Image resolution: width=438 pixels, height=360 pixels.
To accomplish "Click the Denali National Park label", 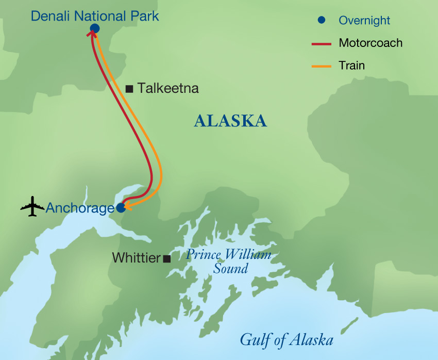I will point(95,15).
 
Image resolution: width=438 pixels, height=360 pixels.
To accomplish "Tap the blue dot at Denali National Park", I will point(94,28).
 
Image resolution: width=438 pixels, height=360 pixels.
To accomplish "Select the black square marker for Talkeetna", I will point(129,89).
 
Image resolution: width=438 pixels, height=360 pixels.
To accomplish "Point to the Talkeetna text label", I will point(168,89).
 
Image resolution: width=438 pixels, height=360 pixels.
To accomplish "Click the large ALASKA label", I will point(230,121).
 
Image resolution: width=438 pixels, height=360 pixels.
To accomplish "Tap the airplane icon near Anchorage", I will point(32,207).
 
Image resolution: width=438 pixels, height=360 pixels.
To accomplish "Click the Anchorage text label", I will point(80,208).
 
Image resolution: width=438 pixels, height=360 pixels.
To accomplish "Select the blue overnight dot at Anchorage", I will point(121,208).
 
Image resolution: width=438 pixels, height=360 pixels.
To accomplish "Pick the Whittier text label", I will point(136,258).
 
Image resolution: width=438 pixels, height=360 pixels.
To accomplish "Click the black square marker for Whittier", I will point(166,259).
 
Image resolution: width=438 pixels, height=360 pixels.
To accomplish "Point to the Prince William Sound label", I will point(229,261).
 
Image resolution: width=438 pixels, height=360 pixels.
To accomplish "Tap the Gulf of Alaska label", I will point(287,340).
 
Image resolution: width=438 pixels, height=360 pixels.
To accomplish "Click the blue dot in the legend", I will point(322,21).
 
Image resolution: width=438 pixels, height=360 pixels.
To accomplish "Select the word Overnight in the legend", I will point(364,21).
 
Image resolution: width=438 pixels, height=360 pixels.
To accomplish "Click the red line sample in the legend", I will point(322,43).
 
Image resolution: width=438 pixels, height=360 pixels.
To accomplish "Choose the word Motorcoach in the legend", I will point(370,43).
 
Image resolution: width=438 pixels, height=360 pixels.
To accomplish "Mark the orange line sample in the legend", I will point(322,66).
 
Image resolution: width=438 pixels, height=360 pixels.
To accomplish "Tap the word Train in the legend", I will point(351,66).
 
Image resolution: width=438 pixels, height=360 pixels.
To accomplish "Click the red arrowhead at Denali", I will point(91,33).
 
